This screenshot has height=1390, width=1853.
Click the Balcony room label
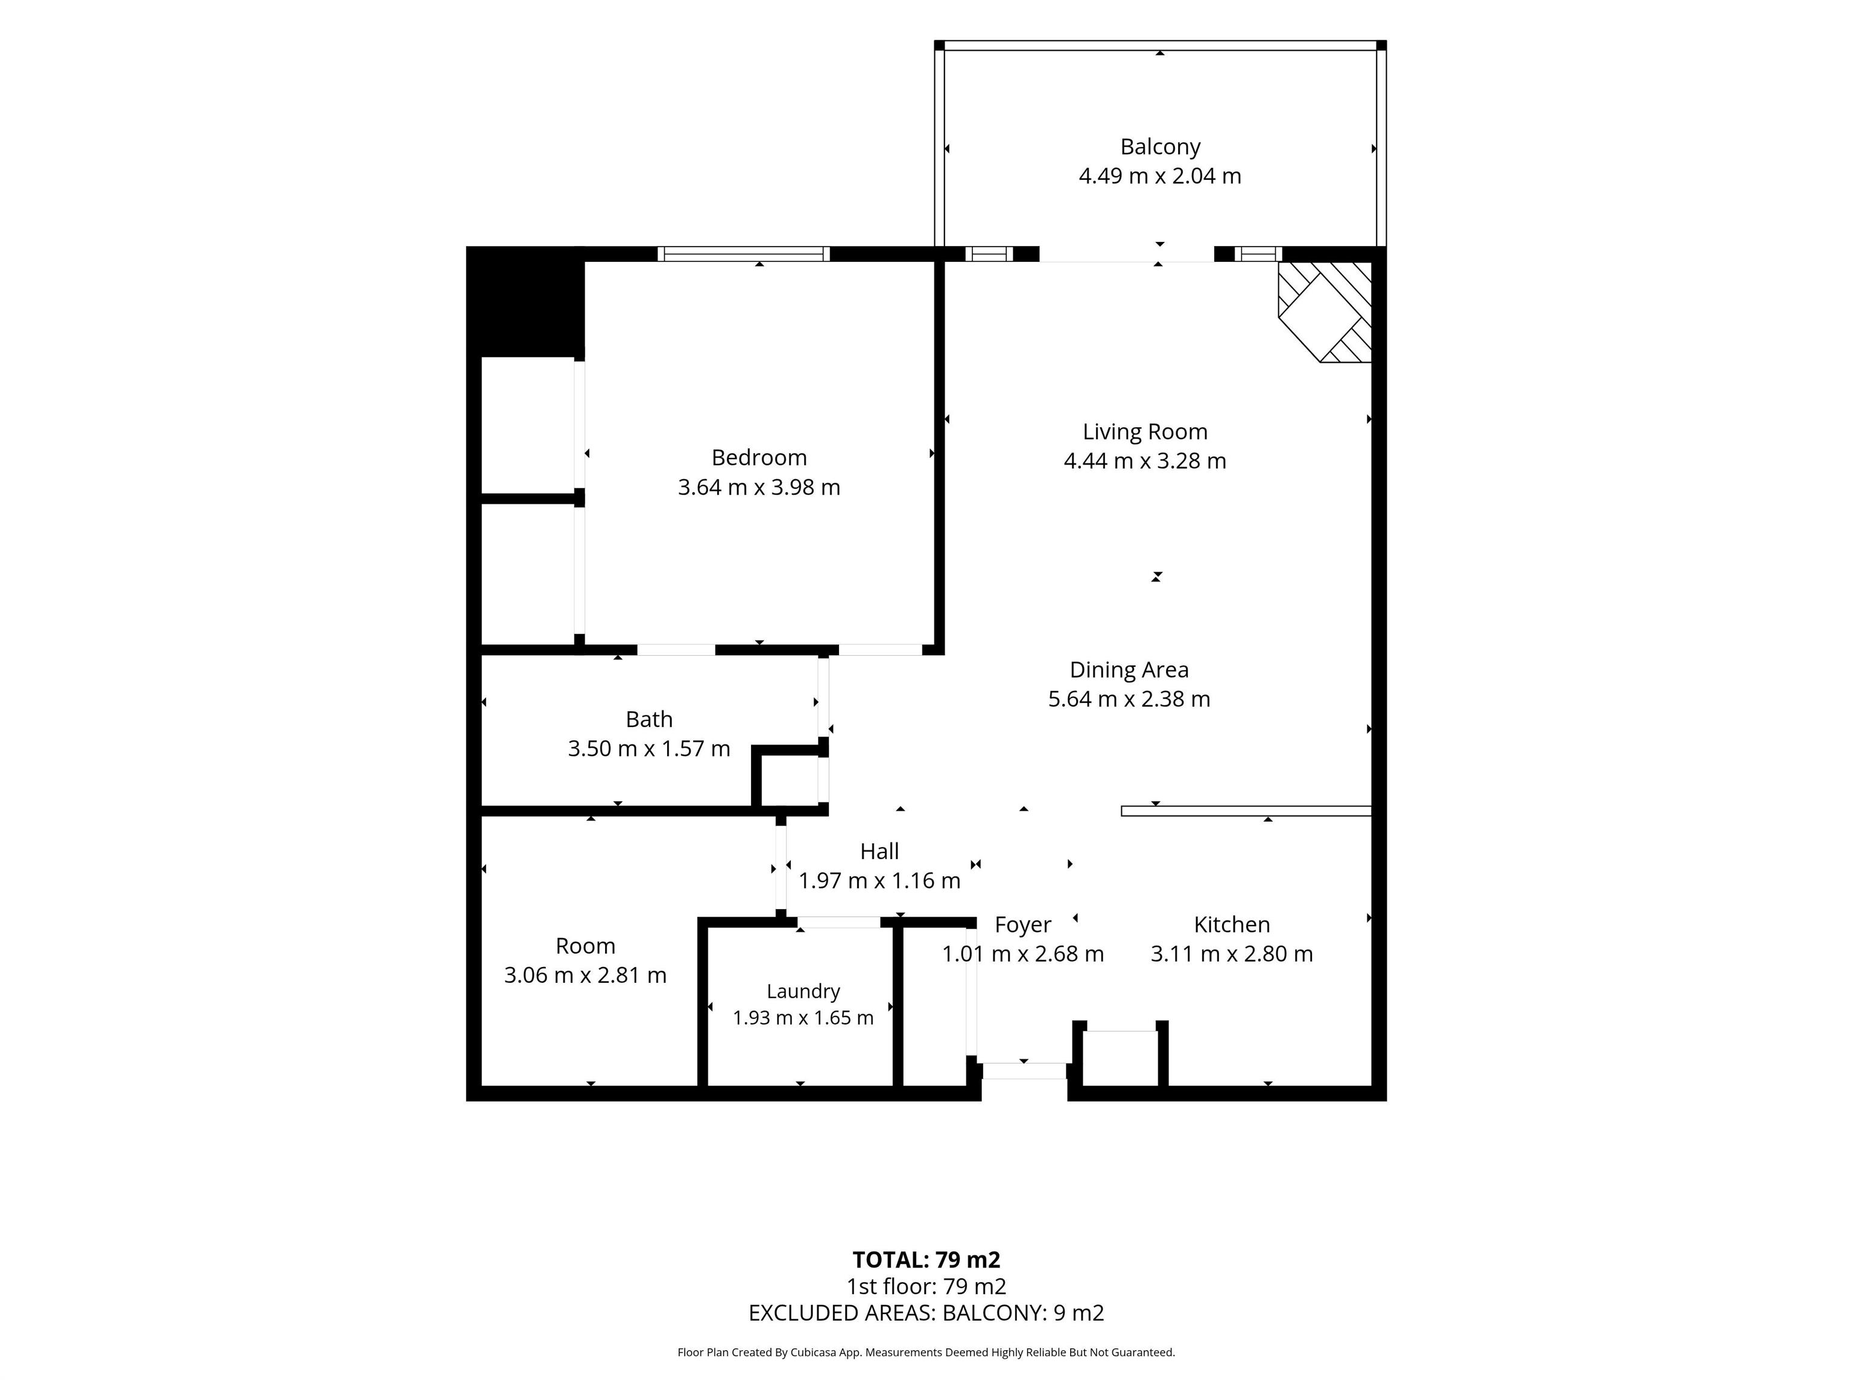[1159, 147]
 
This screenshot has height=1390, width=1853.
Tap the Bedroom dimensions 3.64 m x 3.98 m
[759, 487]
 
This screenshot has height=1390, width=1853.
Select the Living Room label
[1144, 431]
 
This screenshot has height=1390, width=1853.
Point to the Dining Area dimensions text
[1129, 699]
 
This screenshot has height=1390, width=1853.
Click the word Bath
[648, 719]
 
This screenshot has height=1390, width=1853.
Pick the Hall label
[879, 851]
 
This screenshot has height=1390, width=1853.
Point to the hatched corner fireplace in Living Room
[1325, 312]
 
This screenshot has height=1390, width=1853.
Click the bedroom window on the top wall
[743, 254]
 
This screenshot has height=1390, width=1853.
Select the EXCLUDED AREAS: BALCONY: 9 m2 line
[926, 1313]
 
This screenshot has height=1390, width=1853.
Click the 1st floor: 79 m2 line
[926, 1286]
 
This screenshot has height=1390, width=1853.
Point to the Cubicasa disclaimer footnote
[926, 1353]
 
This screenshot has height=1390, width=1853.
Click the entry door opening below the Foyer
[1024, 1071]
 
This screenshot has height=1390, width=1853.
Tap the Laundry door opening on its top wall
[838, 922]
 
